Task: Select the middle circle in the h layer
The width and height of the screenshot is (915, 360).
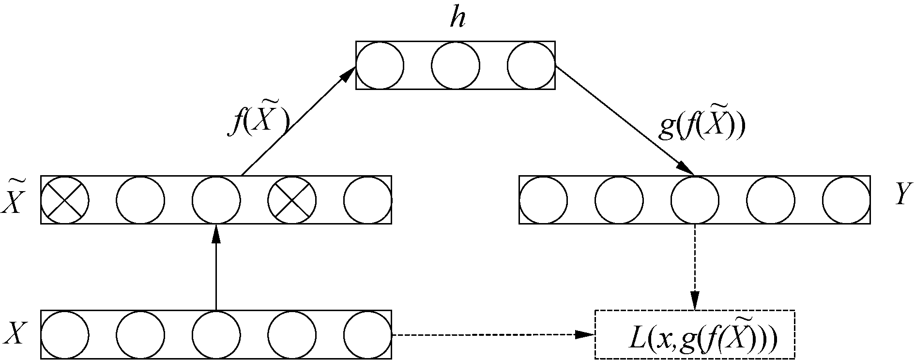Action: click(x=456, y=65)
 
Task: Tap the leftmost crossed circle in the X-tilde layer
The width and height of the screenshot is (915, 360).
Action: click(x=65, y=200)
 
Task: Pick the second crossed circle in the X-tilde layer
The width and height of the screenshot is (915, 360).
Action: click(x=292, y=200)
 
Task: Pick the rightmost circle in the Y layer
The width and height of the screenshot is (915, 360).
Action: click(x=846, y=200)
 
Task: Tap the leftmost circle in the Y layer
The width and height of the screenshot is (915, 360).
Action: click(x=543, y=200)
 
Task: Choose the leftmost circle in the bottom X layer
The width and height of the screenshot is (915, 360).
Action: click(x=65, y=335)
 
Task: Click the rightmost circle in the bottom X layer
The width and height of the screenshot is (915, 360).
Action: click(x=368, y=335)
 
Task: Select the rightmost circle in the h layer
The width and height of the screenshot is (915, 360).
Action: click(x=531, y=65)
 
